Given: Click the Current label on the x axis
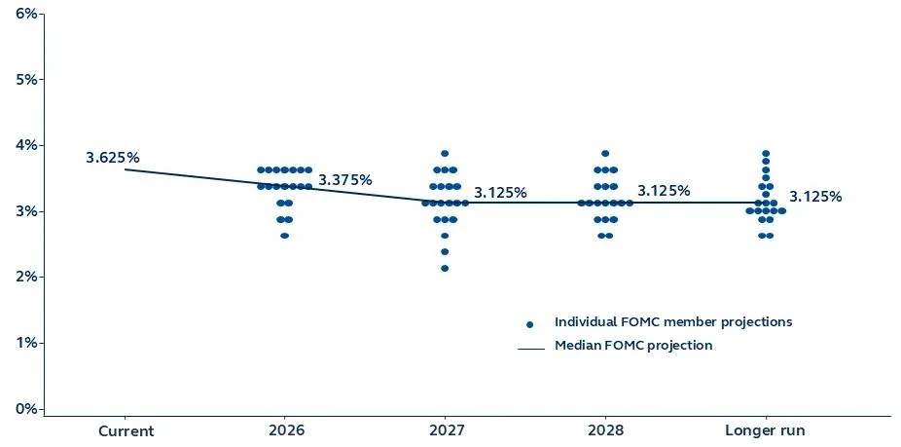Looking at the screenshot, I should (x=126, y=430).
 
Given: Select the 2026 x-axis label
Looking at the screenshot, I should (x=285, y=430).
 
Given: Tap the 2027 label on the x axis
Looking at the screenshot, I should (x=446, y=430).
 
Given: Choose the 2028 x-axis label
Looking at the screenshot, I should (x=605, y=430).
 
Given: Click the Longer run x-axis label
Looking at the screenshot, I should (x=766, y=430).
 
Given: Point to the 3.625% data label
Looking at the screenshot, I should (x=112, y=157).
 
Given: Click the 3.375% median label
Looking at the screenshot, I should (x=345, y=180).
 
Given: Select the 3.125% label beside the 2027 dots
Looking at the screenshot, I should (x=500, y=193).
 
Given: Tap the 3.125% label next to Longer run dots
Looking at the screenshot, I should (x=815, y=197).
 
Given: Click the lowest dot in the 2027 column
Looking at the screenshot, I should (x=445, y=268).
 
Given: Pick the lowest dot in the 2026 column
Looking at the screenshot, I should (x=284, y=236).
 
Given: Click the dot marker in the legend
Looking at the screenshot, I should (x=529, y=323).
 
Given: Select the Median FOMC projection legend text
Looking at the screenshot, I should (x=633, y=346).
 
